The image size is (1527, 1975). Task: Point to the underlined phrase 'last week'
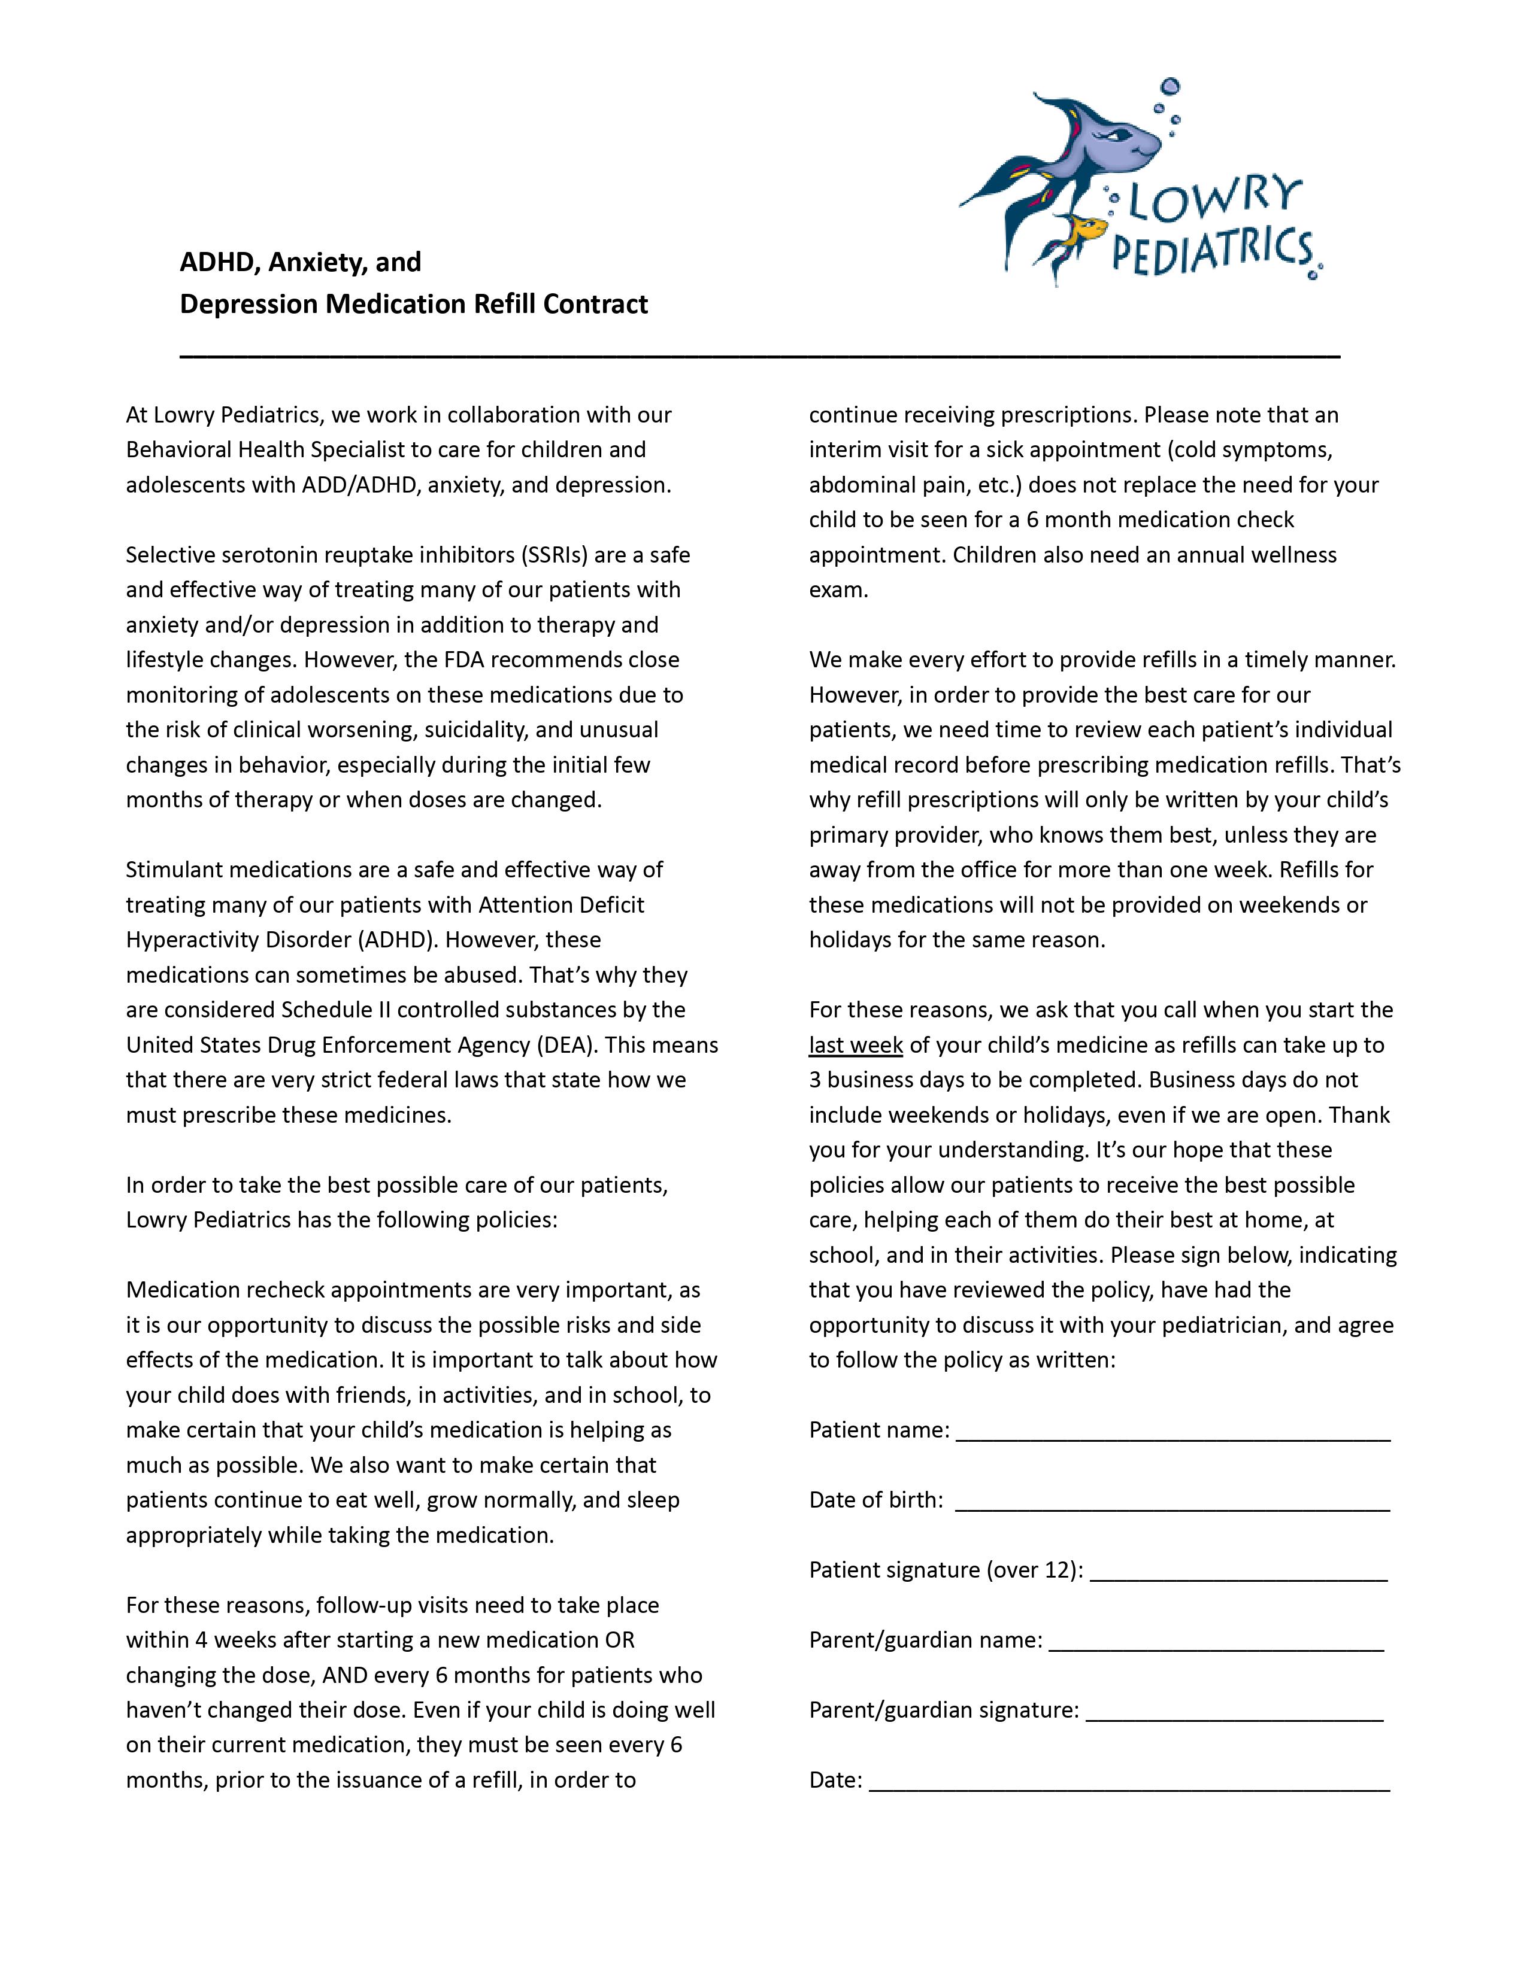pyautogui.click(x=856, y=1046)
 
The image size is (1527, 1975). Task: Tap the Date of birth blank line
pyautogui.click(x=1172, y=1500)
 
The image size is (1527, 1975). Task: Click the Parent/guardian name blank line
pyautogui.click(x=1217, y=1640)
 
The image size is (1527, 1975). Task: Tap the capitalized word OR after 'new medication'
pyautogui.click(x=620, y=1640)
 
